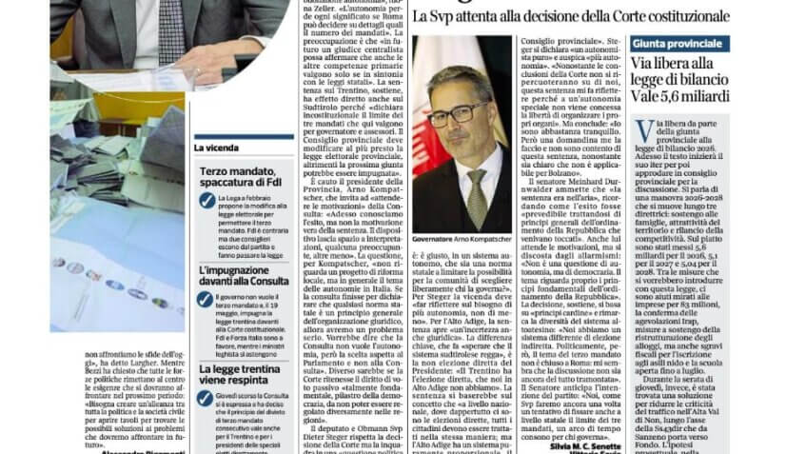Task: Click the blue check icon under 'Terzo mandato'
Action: click(206, 200)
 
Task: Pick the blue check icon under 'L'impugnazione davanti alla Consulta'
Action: click(206, 299)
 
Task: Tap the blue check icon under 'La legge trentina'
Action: click(206, 399)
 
